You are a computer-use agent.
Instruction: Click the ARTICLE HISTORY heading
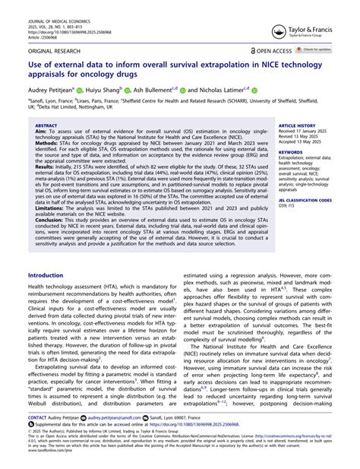tap(298, 124)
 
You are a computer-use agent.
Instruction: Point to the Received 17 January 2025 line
tap(308, 130)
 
